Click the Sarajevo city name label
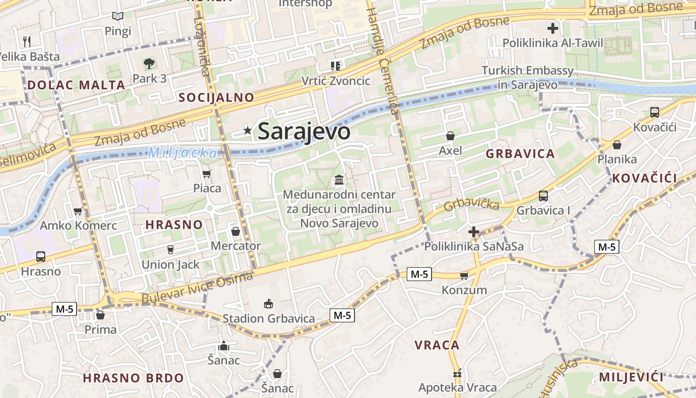[304, 131]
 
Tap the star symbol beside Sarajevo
[247, 130]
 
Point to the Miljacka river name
[183, 153]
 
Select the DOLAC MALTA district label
[76, 85]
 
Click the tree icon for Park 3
[149, 63]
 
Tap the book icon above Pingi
[117, 16]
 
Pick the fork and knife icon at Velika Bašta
[27, 41]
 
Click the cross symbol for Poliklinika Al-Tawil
[552, 28]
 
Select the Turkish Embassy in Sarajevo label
[527, 78]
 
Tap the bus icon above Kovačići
[654, 112]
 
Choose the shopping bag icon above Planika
[616, 145]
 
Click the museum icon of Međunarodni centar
[339, 179]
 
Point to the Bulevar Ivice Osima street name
[197, 288]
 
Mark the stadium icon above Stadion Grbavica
[268, 303]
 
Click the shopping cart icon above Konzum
[464, 275]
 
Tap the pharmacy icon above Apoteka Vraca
[457, 373]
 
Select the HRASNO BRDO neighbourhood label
[133, 378]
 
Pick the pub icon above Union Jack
[171, 249]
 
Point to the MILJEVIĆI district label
[631, 377]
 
